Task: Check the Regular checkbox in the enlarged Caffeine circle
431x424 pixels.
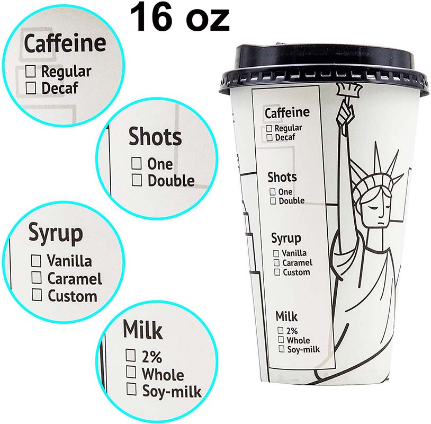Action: tap(32, 70)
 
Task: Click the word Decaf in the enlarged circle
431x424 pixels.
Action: tap(59, 87)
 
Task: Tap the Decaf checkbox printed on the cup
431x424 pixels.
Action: tap(270, 138)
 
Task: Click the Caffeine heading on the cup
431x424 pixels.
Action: tap(286, 113)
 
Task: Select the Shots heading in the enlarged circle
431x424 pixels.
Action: tap(155, 137)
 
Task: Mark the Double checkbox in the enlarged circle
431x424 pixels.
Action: tap(137, 180)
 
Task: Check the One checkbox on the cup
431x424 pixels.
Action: tap(273, 192)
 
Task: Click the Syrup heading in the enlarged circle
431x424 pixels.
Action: tap(55, 233)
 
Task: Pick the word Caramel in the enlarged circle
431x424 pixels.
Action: tap(75, 278)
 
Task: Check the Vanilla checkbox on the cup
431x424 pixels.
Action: tap(276, 253)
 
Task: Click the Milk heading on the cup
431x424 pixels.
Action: tap(286, 316)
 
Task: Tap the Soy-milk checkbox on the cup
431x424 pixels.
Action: tap(281, 349)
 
